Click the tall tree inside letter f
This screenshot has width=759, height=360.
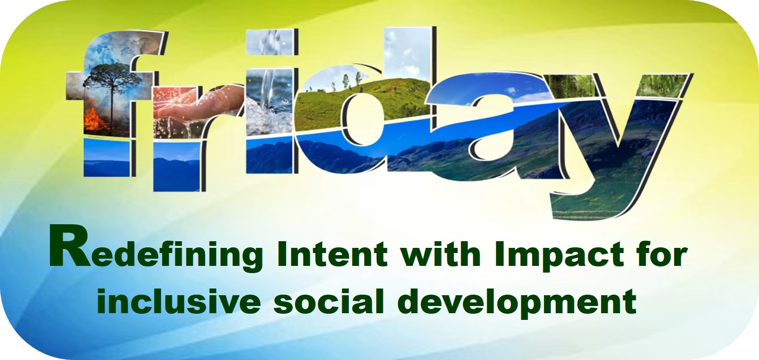point(112,92)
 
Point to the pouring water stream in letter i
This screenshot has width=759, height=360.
point(268,88)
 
